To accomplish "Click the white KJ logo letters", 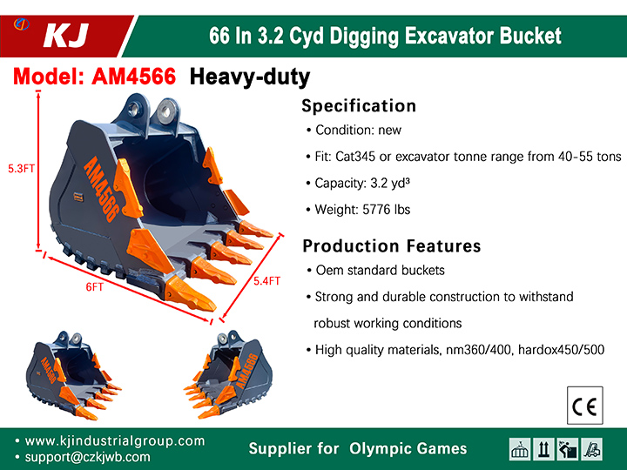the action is coord(65,36).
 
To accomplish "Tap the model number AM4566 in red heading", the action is coord(134,76).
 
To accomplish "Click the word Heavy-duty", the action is coord(250,77).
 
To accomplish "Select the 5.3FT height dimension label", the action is coord(21,169).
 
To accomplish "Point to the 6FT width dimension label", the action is coord(95,287).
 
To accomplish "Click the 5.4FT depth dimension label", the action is coord(266,281).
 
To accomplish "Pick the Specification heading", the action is coord(359,106).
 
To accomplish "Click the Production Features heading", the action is coord(392,245).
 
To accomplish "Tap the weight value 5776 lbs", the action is coord(387,210).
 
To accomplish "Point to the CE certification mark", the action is coord(584,406).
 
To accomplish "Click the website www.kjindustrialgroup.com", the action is coord(115,440).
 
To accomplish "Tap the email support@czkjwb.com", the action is coord(88,457).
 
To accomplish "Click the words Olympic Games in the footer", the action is coord(408,449).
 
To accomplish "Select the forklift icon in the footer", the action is coord(592,449).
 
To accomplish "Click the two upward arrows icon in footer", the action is coord(543,449).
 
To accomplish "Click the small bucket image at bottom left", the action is coord(73,376).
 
